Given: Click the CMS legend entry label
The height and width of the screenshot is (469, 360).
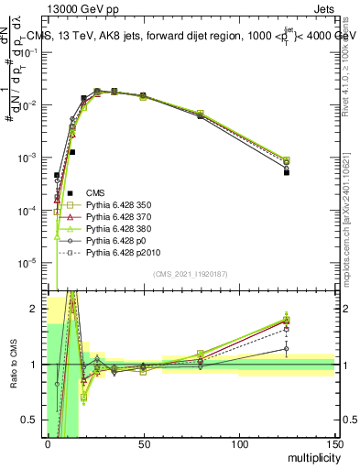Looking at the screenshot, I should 95,192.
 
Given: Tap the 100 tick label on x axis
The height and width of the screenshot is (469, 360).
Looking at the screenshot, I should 238,444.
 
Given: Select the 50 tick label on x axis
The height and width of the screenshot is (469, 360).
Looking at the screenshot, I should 143,444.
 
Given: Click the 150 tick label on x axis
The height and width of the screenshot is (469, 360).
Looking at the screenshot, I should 333,444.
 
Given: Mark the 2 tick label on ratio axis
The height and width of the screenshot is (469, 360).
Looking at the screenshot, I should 38,309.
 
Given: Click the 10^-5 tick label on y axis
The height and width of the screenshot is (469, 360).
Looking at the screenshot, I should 29,263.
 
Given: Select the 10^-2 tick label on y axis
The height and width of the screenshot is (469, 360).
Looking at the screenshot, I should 29,105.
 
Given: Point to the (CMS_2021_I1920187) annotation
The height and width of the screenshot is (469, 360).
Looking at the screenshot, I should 191,274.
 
